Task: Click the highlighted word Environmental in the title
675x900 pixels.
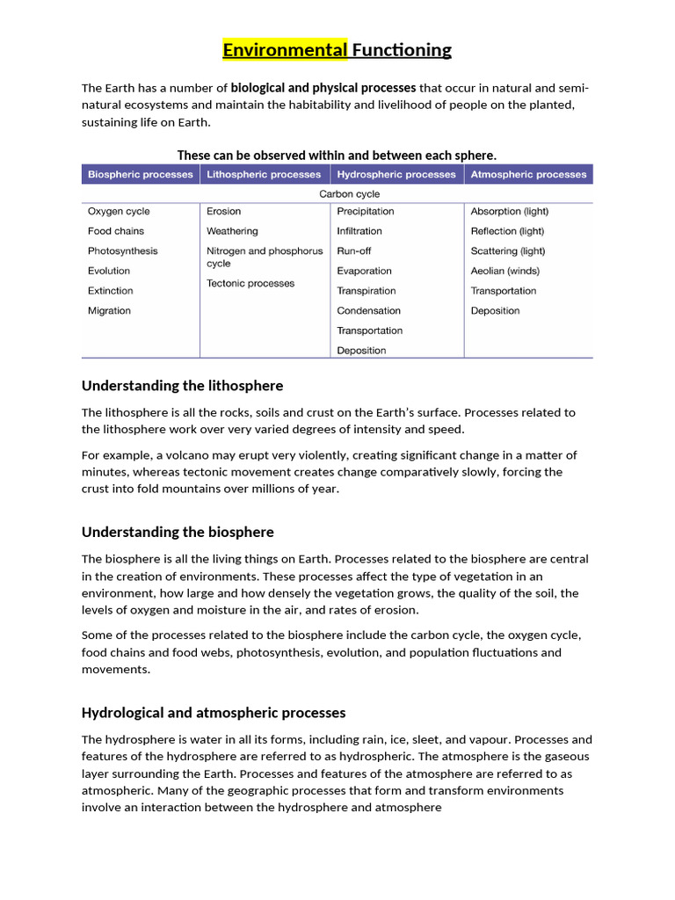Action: (285, 50)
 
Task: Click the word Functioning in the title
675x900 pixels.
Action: (402, 50)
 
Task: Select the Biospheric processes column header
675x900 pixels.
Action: (141, 174)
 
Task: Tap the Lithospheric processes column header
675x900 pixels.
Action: (264, 174)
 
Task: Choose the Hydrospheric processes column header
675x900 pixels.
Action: (396, 174)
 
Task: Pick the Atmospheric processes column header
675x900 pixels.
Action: (528, 174)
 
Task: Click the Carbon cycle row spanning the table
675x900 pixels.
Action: (350, 193)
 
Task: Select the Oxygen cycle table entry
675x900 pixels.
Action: (119, 211)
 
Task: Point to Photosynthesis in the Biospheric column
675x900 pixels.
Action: (123, 250)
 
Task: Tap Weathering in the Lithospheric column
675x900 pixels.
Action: (232, 231)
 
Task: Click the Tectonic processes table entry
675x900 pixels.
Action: (250, 283)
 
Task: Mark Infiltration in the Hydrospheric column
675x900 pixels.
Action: (359, 231)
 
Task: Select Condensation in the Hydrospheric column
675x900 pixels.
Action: (368, 310)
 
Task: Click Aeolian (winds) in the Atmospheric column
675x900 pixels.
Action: (505, 271)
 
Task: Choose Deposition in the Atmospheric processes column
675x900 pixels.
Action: (495, 310)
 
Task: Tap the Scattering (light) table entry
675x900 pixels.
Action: (508, 250)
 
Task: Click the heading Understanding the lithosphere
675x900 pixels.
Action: (182, 386)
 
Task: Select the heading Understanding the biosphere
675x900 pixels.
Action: (178, 532)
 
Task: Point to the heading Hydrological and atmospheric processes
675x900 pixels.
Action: (214, 712)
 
